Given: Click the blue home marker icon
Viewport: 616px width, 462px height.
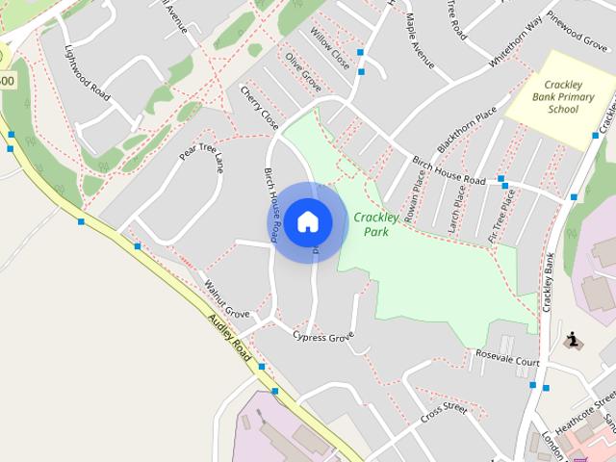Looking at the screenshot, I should point(307,222).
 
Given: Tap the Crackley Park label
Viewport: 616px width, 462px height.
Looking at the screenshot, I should point(377,224).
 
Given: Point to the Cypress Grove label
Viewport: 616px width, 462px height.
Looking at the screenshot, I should point(323,337).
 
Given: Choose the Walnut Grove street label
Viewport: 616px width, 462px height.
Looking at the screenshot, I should point(227,298).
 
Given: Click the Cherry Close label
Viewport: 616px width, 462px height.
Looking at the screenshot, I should point(259,108).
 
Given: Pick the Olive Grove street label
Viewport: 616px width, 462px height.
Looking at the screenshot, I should point(302,71).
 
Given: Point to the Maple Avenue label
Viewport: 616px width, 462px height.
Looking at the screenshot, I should point(421,34).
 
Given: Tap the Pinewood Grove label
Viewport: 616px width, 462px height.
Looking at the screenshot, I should point(577,29).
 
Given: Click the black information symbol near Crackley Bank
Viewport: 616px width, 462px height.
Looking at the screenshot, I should point(572,340).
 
